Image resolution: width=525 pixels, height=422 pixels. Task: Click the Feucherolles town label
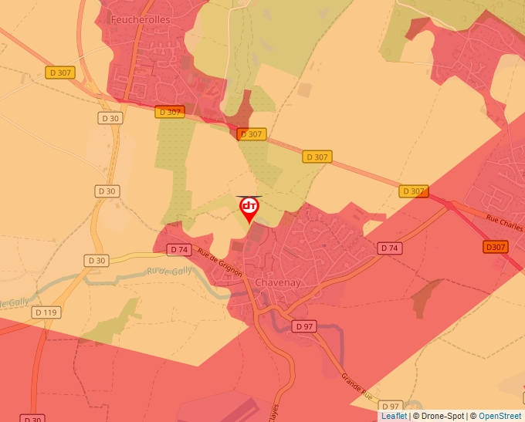140,19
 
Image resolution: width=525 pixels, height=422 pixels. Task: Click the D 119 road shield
47,312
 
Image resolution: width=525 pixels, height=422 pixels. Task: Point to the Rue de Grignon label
219,262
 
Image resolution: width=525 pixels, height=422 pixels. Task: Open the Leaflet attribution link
394,416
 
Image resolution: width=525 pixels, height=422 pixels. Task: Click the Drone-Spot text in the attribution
442,416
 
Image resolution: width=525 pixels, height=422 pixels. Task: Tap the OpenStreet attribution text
500,416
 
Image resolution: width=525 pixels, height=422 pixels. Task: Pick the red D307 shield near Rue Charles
496,247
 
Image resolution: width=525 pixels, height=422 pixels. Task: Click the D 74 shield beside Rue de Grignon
179,249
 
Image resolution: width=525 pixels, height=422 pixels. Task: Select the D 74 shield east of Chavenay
390,248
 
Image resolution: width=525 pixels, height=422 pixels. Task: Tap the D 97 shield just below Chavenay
305,326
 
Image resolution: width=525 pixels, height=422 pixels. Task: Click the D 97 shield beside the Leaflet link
390,406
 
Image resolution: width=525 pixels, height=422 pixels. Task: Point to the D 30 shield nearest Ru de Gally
97,260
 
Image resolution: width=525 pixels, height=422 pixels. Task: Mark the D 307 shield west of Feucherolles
59,73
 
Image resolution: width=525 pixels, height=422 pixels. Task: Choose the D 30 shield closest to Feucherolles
110,118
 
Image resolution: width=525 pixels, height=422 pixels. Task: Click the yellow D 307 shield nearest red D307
413,191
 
